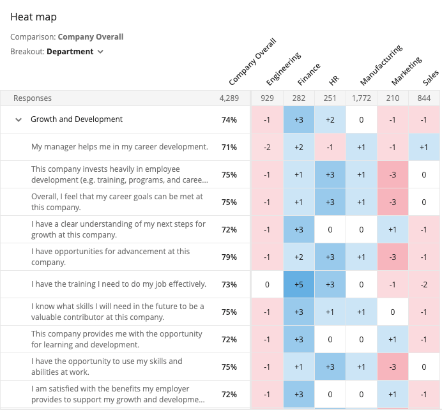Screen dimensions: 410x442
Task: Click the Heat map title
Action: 33,17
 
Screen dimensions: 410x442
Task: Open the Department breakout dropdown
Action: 75,52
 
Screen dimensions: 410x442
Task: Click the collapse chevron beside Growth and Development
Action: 18,119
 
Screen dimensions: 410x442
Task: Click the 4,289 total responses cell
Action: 228,98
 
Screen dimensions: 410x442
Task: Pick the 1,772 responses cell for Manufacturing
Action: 362,98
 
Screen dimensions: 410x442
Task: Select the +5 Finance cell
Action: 299,284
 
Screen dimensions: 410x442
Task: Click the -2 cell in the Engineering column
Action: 267,147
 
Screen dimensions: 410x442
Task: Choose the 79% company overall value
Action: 229,257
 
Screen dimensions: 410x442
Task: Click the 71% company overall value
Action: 229,147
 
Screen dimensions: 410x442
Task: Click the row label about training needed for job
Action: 119,284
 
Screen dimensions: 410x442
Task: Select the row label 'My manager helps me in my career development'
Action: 119,147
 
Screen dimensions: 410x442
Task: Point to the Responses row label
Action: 33,98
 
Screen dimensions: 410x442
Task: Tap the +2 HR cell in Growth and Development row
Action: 330,119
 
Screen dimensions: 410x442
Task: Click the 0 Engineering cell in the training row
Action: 267,284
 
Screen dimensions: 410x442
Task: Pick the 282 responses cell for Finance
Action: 299,98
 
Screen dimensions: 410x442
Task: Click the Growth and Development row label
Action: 77,119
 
